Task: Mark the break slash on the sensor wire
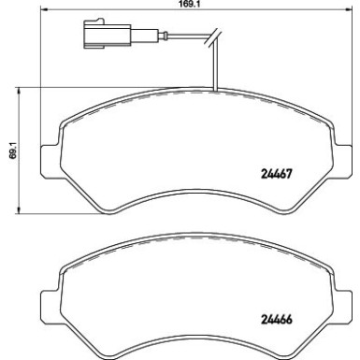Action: pos(216,40)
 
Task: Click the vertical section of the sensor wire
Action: pos(216,70)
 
